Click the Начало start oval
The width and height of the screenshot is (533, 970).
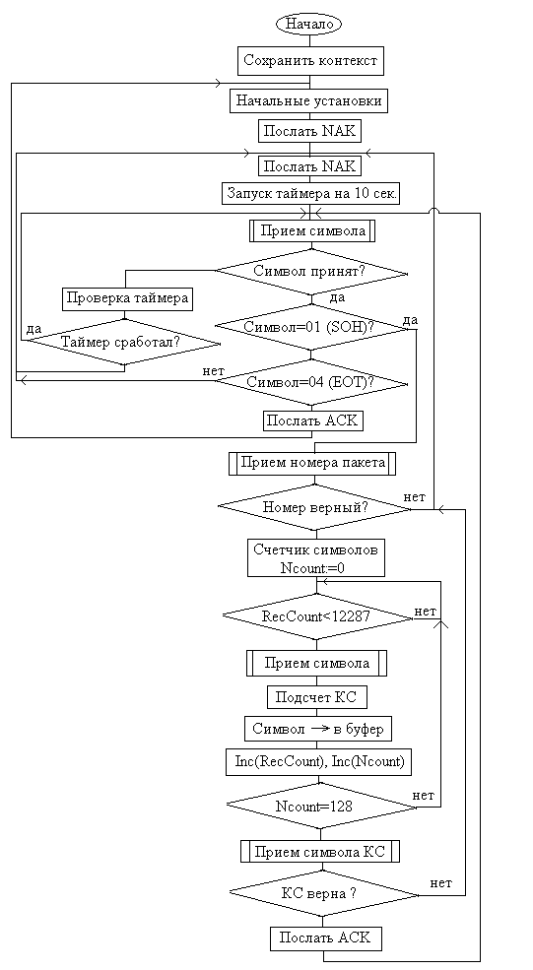pos(309,24)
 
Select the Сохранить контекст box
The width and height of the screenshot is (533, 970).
pos(309,61)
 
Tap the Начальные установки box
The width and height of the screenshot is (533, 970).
pos(309,100)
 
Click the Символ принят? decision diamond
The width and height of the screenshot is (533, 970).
pos(311,271)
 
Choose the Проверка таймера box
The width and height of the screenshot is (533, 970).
pos(127,298)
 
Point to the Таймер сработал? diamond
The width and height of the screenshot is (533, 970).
pos(124,342)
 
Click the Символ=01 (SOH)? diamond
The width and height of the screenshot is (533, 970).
pos(310,328)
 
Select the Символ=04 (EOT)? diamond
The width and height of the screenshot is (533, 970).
pos(310,383)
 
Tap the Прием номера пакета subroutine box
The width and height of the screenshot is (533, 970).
pos(312,464)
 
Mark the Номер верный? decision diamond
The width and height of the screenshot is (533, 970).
pos(315,507)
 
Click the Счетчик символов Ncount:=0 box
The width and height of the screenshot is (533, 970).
pos(316,558)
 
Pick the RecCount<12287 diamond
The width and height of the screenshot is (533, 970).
pos(317,616)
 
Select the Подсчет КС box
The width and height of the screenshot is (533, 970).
pos(317,697)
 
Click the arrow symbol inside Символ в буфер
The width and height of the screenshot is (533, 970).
pos(319,729)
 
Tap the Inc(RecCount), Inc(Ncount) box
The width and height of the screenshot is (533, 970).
pos(319,761)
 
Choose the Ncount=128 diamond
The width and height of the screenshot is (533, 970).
pos(321,806)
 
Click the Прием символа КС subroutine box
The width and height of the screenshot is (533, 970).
pos(320,851)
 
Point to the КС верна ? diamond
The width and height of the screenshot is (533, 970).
pos(324,892)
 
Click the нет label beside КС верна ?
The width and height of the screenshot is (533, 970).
pos(440,882)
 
